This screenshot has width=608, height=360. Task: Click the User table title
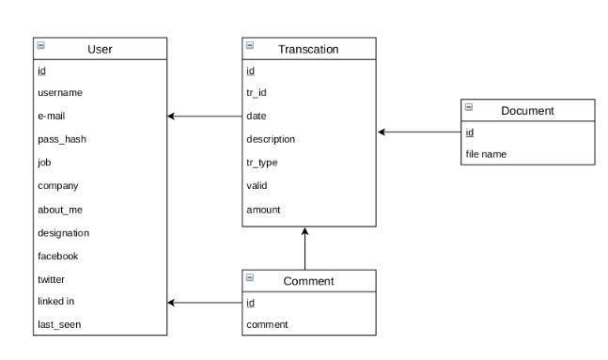(x=100, y=49)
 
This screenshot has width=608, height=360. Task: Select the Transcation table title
(x=308, y=49)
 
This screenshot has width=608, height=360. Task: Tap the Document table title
(x=527, y=111)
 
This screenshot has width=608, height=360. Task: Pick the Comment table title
(x=308, y=281)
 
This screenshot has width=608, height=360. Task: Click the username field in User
(x=60, y=93)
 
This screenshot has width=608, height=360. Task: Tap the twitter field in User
(x=52, y=278)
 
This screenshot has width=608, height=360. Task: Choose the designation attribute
(x=64, y=232)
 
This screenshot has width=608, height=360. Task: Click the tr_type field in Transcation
(x=262, y=163)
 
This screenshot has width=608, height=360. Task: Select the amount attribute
(x=263, y=209)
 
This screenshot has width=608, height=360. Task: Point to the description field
(x=271, y=139)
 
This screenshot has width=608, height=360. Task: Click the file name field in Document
(x=487, y=153)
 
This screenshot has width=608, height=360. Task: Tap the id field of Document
(x=470, y=132)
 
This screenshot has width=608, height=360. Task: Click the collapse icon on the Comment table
(x=249, y=278)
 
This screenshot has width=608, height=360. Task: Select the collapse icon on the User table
(x=40, y=46)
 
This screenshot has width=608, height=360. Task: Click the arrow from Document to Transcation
(x=418, y=133)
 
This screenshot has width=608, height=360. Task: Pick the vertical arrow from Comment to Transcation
(x=304, y=248)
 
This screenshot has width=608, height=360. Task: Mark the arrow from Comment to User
(x=204, y=303)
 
